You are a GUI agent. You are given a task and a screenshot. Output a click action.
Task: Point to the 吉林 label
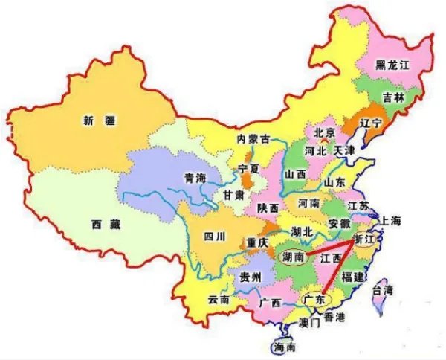point(394,97)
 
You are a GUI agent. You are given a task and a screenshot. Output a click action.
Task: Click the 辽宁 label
point(369,120)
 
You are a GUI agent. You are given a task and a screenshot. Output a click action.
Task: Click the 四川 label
point(214,237)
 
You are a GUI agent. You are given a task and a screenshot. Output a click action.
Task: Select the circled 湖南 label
point(290,256)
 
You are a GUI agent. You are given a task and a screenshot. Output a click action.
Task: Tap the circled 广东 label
point(314,298)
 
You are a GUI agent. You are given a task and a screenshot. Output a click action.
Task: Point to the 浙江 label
point(365,240)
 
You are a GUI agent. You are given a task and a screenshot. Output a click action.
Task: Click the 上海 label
point(391,221)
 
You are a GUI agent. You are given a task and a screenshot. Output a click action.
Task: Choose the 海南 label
point(284,347)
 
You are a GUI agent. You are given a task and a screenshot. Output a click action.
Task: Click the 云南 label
point(219,299)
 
